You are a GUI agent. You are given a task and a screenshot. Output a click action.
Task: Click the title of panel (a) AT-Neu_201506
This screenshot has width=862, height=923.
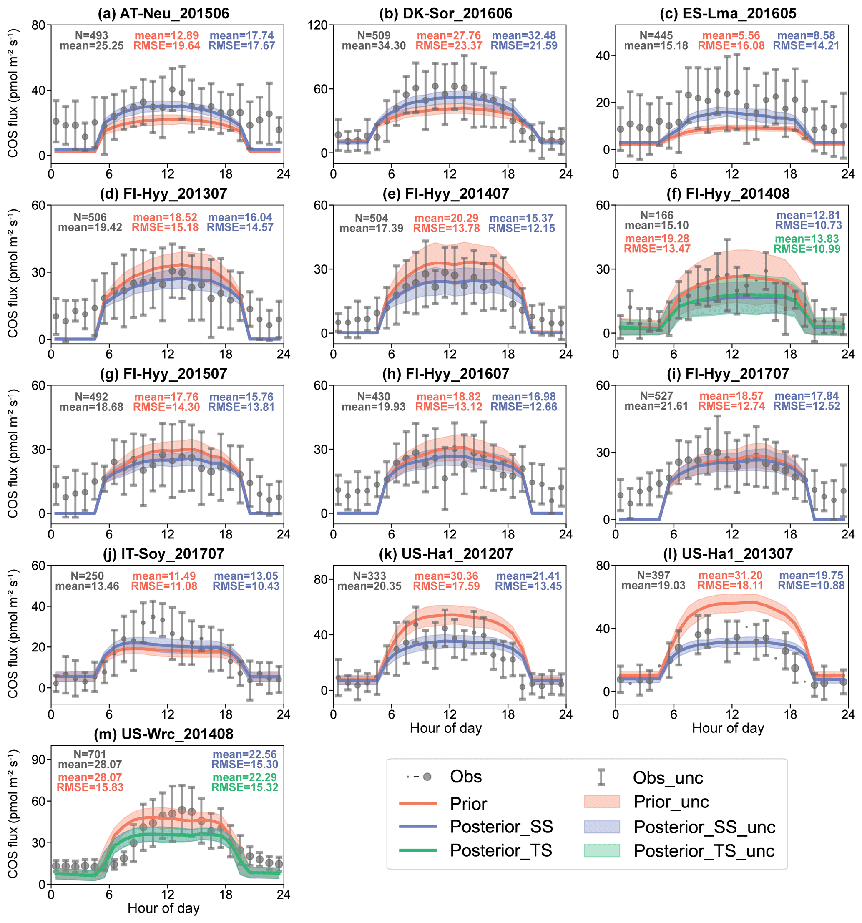tap(163, 13)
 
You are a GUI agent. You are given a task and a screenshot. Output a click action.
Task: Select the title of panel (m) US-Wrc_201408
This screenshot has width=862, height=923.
tap(163, 734)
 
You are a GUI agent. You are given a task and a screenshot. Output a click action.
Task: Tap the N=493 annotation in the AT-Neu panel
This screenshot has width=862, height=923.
tap(91, 35)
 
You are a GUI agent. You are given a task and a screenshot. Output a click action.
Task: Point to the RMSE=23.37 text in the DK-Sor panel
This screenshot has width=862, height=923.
tap(448, 45)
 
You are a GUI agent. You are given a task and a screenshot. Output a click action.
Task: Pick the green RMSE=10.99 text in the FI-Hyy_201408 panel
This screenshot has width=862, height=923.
tap(807, 249)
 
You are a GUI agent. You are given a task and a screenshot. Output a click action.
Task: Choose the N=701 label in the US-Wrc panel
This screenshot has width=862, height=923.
tap(90, 754)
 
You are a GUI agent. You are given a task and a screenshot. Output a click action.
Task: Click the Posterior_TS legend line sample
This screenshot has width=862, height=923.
tap(418, 850)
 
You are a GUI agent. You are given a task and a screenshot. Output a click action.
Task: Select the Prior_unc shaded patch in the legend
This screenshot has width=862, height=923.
tap(602, 802)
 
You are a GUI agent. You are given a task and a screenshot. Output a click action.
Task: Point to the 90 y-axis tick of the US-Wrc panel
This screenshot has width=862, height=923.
tap(38, 760)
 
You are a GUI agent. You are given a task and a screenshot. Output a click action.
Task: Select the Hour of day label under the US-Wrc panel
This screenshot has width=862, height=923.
tap(163, 908)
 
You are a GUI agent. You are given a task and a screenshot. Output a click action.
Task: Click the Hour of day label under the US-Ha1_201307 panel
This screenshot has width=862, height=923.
tap(728, 728)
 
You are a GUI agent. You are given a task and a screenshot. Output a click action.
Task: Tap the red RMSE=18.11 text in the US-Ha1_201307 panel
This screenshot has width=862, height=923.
tap(730, 586)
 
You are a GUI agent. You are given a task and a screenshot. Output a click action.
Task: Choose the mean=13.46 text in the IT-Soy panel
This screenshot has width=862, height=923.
tap(87, 586)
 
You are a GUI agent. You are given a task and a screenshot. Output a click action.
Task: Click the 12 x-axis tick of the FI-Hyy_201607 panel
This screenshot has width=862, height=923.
tap(449, 534)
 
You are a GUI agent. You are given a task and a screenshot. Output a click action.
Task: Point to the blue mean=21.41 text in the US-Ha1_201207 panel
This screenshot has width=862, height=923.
tap(528, 576)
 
